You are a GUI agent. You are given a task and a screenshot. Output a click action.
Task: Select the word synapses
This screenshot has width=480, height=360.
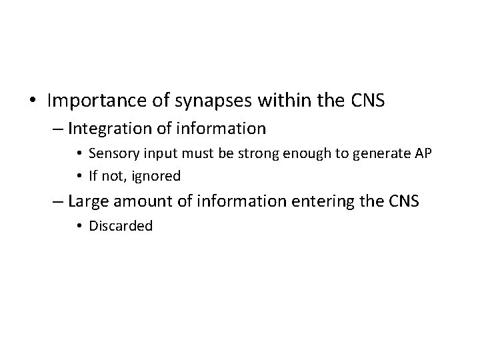206,101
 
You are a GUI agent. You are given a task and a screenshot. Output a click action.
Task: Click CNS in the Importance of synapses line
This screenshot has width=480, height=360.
367,101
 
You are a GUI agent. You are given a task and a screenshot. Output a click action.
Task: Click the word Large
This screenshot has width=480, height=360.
86,201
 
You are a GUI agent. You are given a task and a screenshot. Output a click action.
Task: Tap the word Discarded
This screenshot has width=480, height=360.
121,225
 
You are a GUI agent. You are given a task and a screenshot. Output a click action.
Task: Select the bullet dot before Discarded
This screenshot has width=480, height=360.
80,226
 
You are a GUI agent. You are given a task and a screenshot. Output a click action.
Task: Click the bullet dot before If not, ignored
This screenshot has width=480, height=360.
80,175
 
